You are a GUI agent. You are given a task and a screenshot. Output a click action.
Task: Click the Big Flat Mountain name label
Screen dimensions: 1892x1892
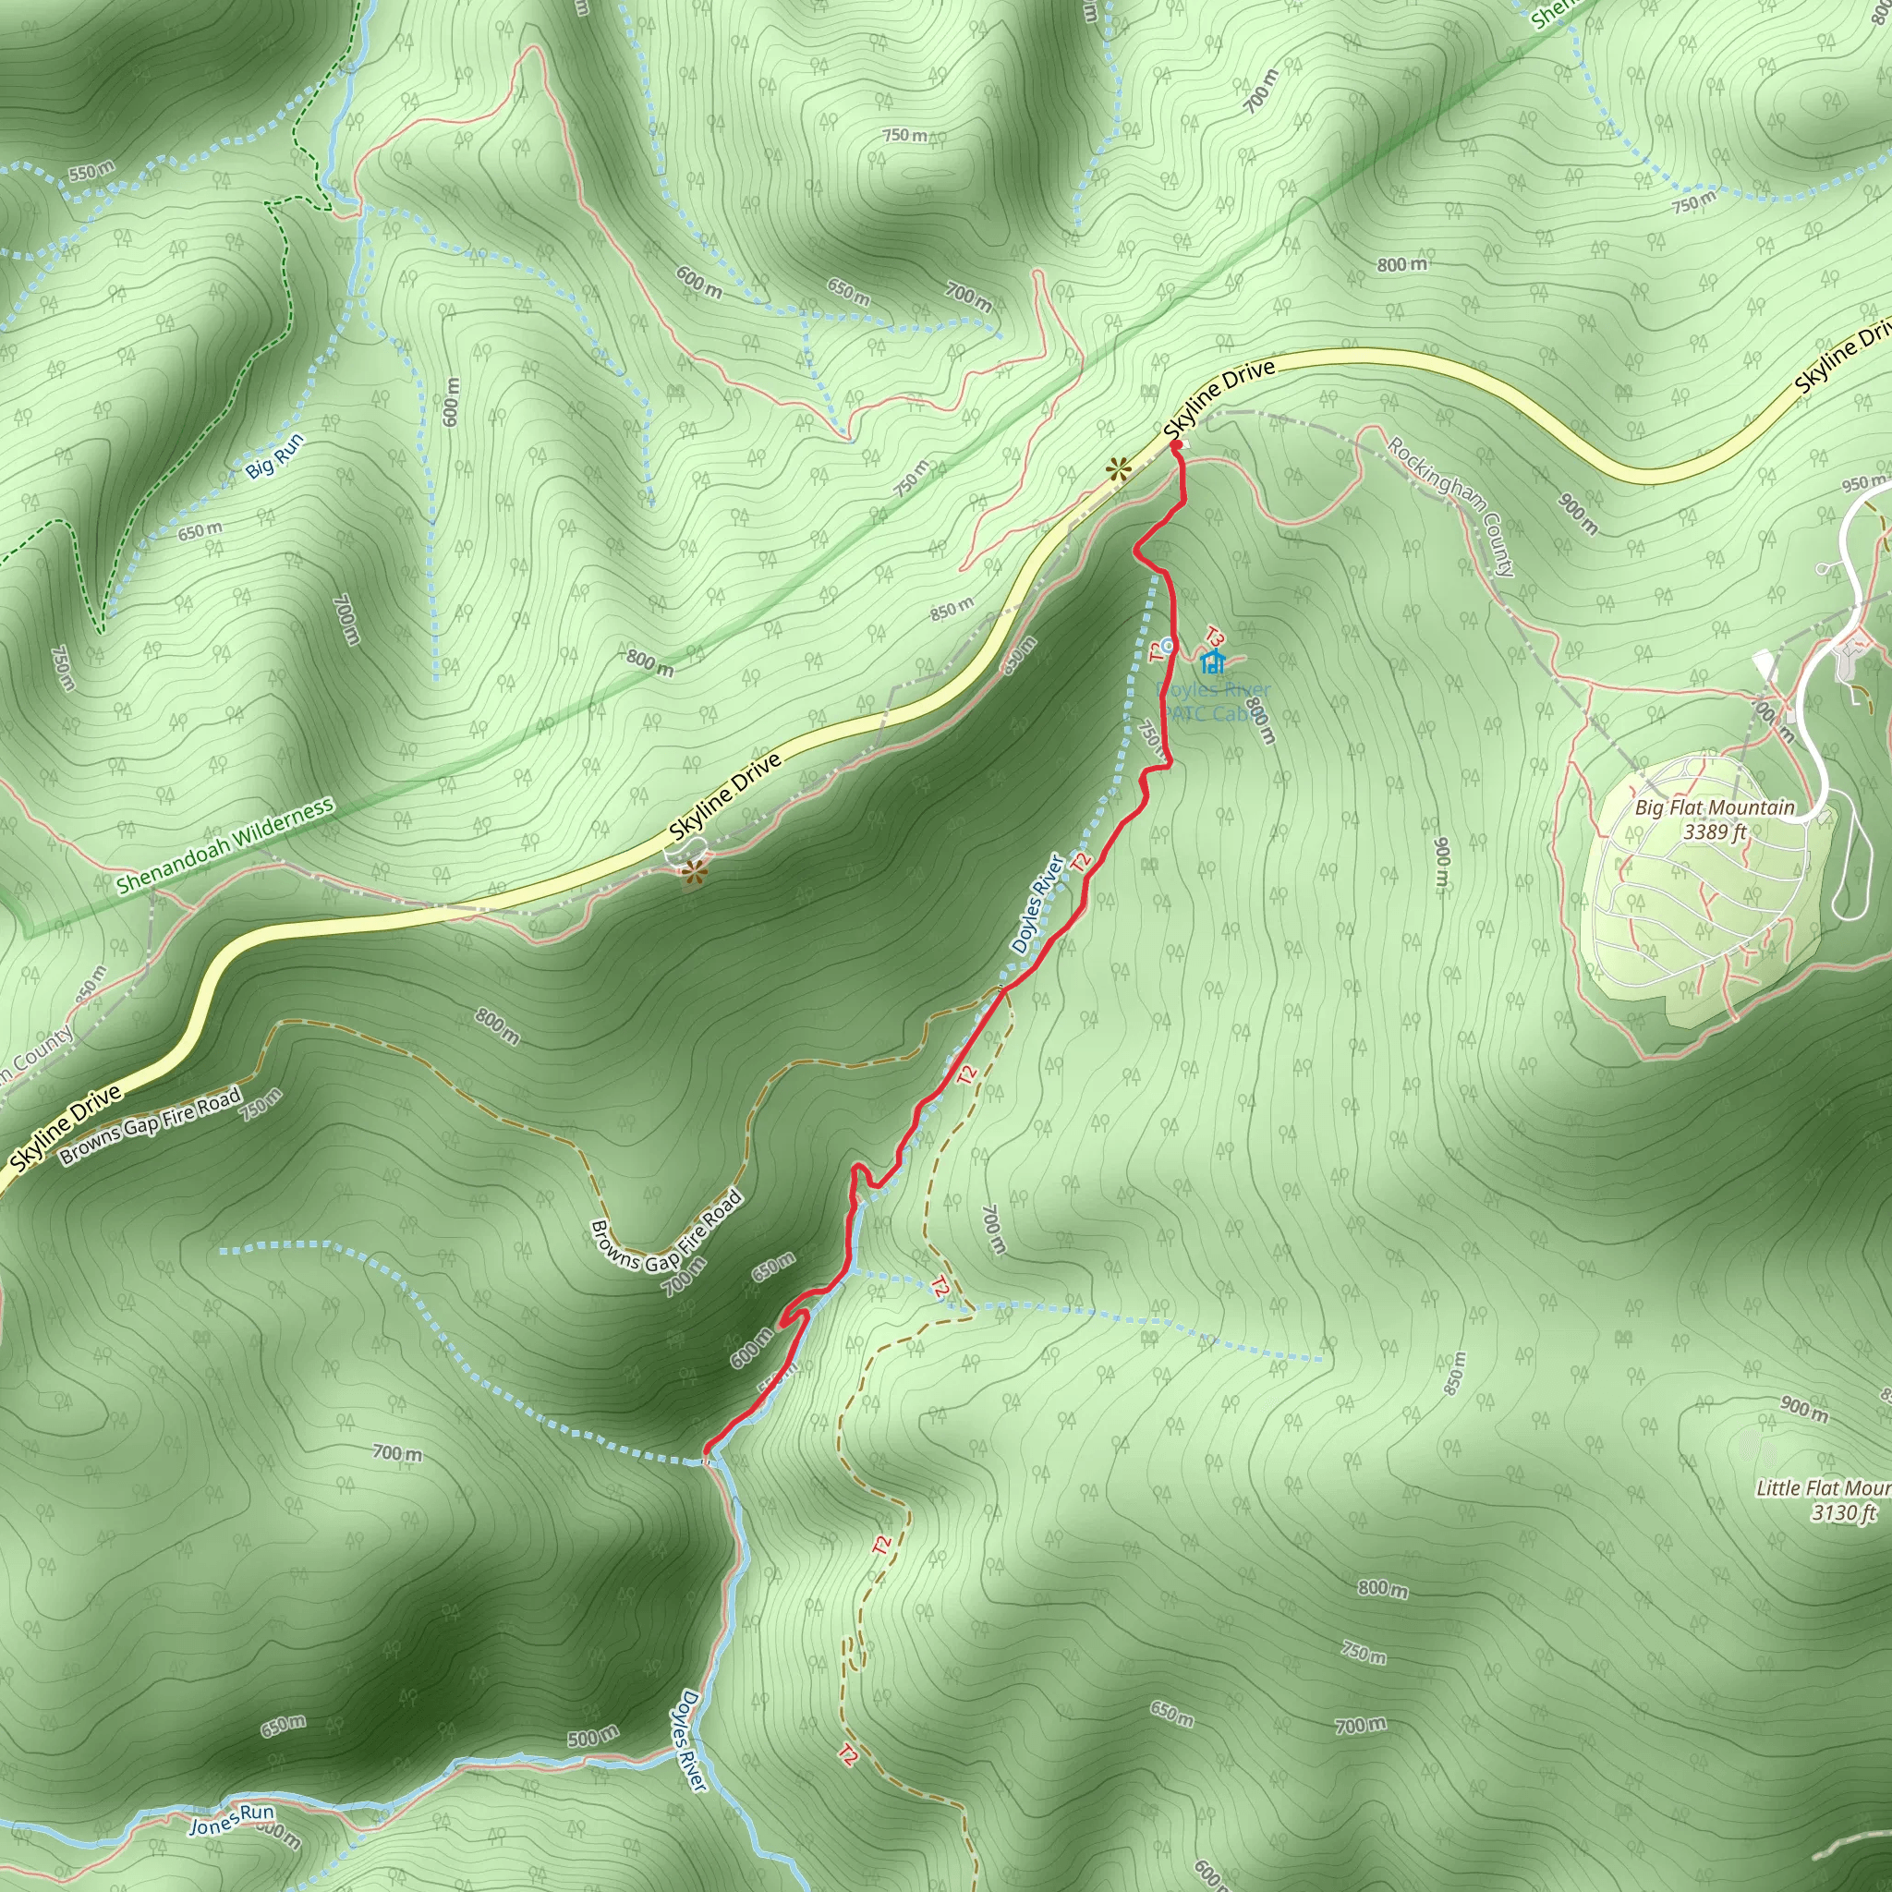[1715, 808]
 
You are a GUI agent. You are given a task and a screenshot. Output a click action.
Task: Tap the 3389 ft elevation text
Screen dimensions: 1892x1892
[1715, 832]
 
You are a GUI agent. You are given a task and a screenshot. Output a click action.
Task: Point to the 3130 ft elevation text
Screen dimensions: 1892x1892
[1842, 1513]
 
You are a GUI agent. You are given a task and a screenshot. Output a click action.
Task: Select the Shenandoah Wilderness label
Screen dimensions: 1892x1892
[225, 846]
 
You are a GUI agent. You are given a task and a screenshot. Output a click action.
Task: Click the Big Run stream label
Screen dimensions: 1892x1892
[274, 455]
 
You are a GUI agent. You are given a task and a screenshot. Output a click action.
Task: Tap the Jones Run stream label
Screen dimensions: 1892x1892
[231, 1820]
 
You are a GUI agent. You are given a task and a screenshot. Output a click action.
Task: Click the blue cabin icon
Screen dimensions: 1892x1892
[1213, 661]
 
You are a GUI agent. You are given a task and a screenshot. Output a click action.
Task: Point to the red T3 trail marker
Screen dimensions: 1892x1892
[1217, 637]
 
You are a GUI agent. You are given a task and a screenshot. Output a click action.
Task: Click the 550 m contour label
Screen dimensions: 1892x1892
[91, 173]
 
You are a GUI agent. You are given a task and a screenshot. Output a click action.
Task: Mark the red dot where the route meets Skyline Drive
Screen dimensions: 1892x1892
[1176, 446]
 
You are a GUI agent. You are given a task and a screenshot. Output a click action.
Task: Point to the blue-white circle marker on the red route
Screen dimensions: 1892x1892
[1165, 643]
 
